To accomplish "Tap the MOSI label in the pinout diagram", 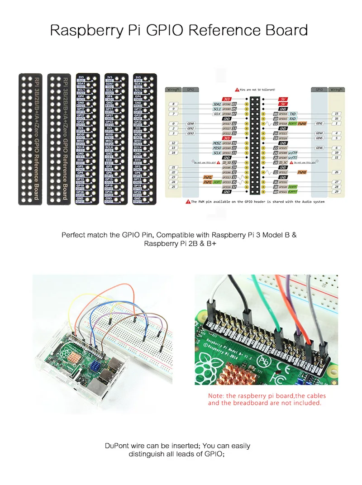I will click(217, 143).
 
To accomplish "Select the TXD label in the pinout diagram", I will click(293, 114).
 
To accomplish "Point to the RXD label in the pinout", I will click(293, 119).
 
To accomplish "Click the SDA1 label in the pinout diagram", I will click(217, 105).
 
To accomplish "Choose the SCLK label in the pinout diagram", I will click(217, 152).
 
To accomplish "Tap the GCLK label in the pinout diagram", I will click(217, 114).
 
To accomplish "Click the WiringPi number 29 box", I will click(336, 191).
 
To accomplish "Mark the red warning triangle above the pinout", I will click(237, 90).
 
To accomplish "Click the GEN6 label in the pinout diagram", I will click(319, 148).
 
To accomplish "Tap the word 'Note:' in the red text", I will click(215, 396).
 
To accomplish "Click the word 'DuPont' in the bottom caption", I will click(116, 446).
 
